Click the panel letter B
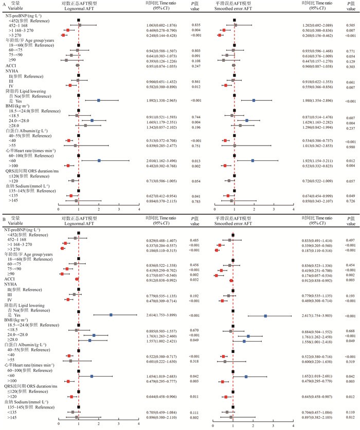(x=4, y=219)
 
